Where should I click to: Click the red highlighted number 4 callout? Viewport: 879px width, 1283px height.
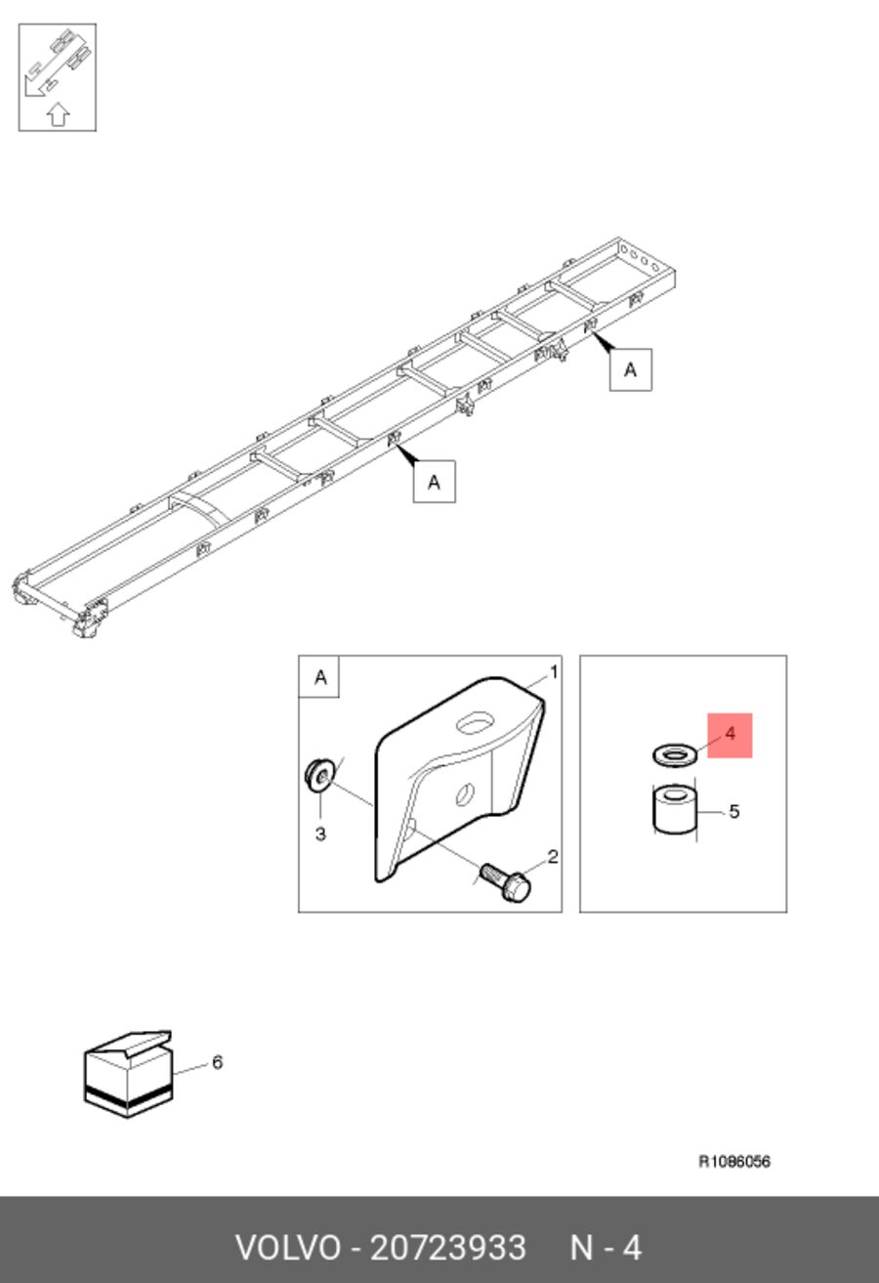tap(730, 735)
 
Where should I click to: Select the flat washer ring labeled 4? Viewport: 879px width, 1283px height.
tap(675, 755)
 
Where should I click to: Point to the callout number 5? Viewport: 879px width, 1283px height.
tap(734, 812)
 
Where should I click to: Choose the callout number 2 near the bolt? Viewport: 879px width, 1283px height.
tap(553, 857)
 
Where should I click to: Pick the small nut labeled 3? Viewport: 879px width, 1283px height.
tap(319, 775)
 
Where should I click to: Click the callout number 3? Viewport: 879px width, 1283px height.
tap(320, 834)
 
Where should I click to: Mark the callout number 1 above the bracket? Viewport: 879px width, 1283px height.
tap(554, 672)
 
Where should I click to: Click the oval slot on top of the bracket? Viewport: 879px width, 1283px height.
tap(476, 723)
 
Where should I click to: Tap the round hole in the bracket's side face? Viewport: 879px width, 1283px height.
tap(465, 793)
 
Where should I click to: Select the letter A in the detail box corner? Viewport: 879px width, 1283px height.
tap(320, 677)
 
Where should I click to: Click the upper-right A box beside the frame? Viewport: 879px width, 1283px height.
tap(631, 370)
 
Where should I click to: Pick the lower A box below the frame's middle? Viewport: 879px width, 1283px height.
tap(435, 482)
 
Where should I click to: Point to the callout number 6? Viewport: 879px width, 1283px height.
tap(217, 1062)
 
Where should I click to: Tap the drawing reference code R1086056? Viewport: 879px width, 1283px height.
tap(734, 1162)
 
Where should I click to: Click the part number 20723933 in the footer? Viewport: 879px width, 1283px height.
tap(447, 1248)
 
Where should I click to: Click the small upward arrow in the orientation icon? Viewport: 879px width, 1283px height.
tap(58, 114)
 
